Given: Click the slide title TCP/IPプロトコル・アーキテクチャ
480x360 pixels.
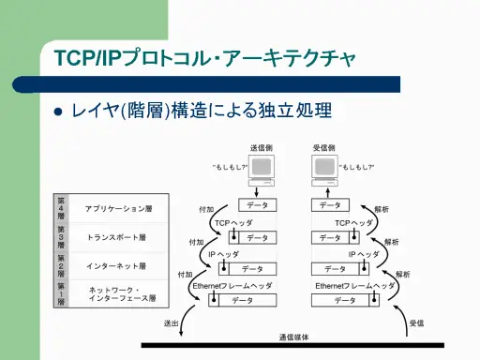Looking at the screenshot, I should tap(205, 58).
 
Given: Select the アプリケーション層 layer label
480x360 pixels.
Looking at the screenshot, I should tap(118, 207).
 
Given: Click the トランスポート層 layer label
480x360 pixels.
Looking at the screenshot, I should tap(118, 237).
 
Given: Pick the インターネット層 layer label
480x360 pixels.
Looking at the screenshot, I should tap(119, 266).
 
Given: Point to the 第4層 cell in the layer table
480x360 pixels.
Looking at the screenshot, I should tap(61, 207).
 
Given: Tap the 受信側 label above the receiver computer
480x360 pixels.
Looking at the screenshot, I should tap(324, 148).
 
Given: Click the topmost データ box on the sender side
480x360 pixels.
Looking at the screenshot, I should tap(255, 205).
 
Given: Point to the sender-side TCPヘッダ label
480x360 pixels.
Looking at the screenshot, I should tap(233, 223).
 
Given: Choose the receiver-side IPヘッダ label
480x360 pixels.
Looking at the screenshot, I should tap(364, 254).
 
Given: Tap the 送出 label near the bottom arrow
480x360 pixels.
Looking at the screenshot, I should tap(171, 322).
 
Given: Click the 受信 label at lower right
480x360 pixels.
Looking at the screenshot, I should tap(417, 322).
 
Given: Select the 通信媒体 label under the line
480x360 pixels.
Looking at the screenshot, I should tap(293, 337).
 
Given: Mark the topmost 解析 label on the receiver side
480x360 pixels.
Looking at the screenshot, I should tap(382, 209).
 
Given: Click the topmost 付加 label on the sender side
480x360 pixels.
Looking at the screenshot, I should tap(207, 210).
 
